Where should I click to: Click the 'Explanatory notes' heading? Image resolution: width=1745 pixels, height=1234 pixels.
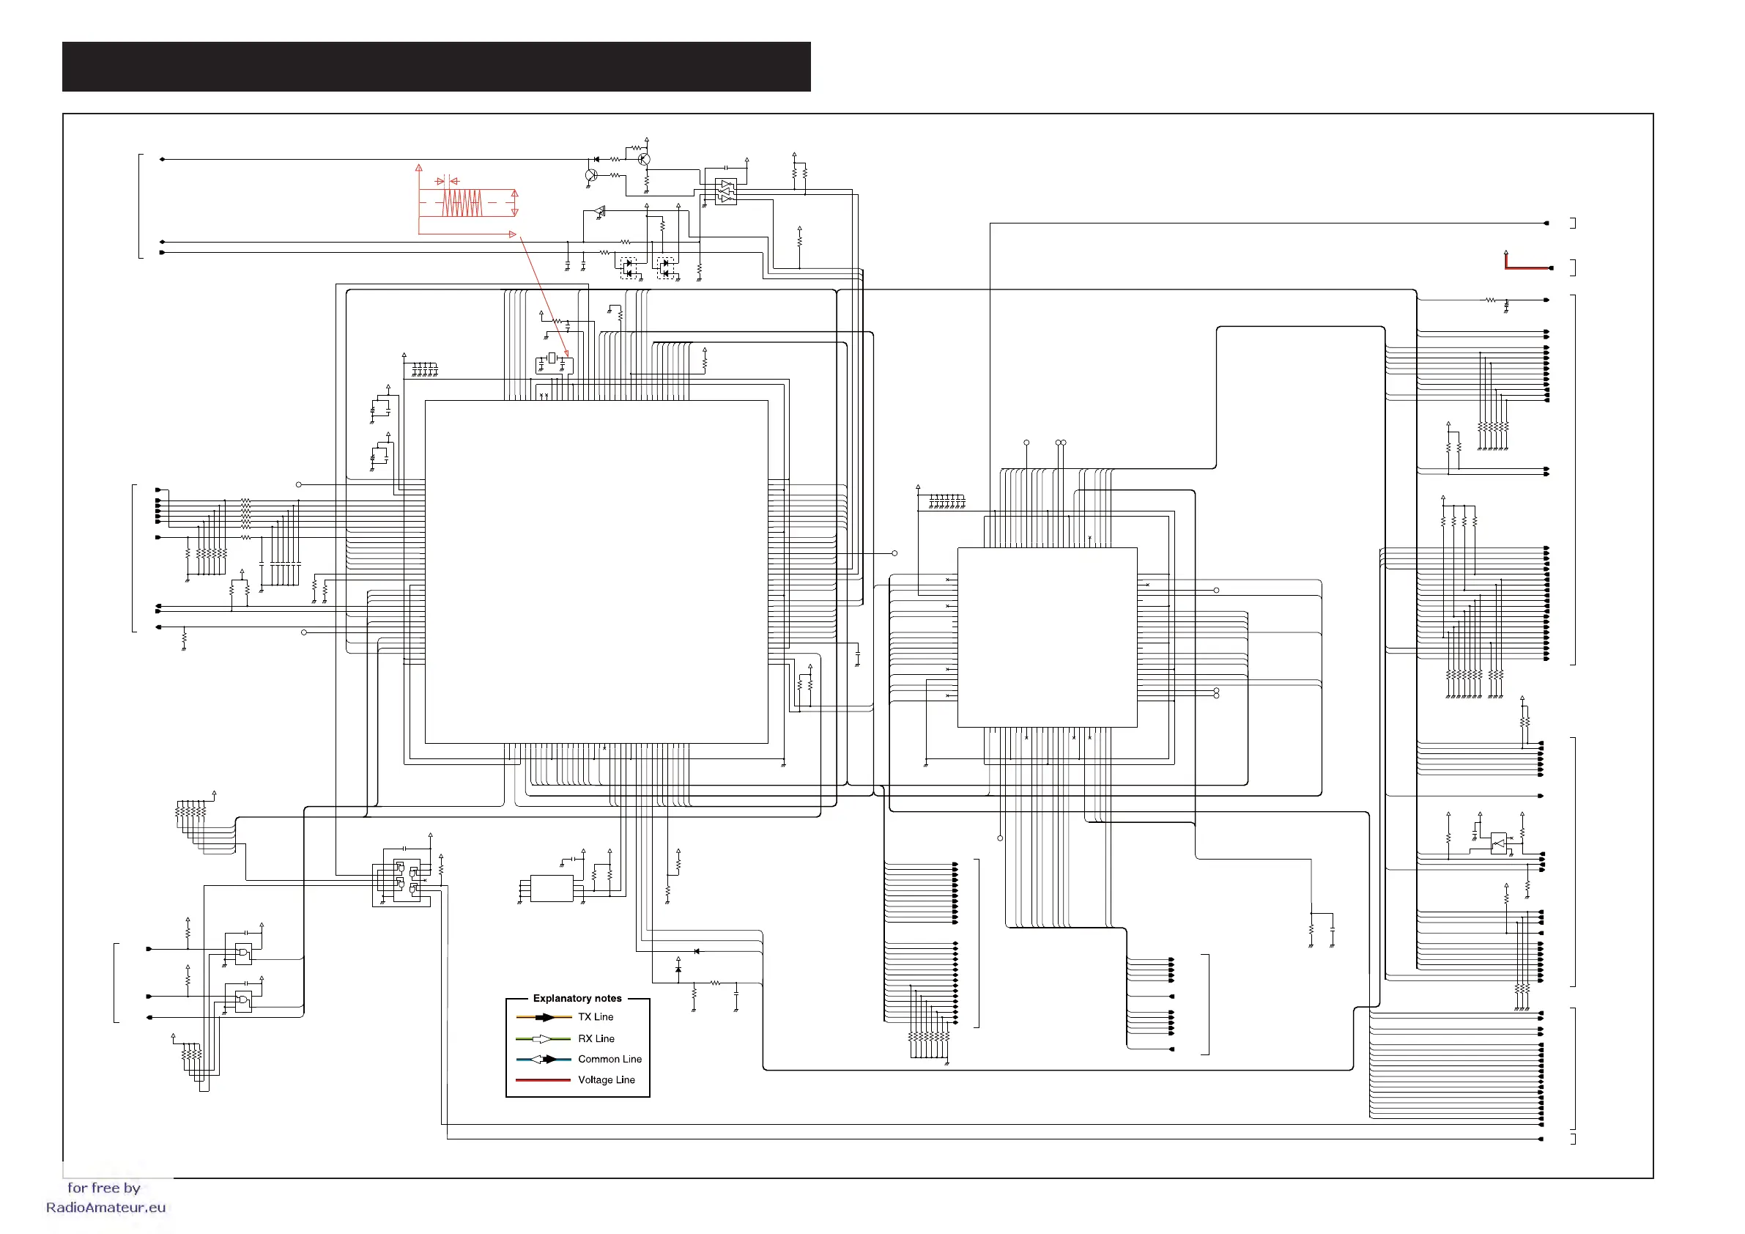click(x=577, y=997)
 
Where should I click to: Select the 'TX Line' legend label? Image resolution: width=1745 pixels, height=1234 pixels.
click(x=595, y=1016)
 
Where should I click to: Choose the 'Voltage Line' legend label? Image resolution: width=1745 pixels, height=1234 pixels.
click(x=606, y=1079)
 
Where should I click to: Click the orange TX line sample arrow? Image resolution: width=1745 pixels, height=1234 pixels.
click(x=544, y=1017)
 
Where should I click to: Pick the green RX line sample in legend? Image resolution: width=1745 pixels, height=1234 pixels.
click(x=543, y=1038)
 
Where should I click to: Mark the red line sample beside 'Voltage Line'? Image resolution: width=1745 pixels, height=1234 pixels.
click(x=543, y=1079)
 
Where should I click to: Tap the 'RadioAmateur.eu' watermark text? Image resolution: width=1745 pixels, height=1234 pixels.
click(x=105, y=1208)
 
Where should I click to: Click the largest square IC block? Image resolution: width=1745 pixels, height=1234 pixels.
click(x=596, y=571)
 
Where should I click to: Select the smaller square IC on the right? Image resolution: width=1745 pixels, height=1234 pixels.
click(x=1047, y=637)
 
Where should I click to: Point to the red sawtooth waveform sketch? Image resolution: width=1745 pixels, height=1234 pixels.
click(x=462, y=203)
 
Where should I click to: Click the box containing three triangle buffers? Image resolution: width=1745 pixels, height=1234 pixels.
click(x=726, y=191)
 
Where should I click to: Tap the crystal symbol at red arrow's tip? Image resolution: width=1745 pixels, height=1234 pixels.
click(x=552, y=358)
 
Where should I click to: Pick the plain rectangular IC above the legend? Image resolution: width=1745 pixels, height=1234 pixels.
click(x=551, y=888)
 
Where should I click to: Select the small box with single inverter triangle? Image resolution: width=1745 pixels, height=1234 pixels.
click(x=1498, y=844)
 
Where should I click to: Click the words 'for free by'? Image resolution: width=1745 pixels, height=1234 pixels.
click(x=103, y=1188)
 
